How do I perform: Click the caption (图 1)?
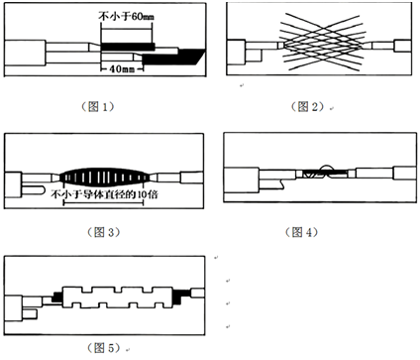point(98,106)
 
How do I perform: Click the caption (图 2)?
point(308,106)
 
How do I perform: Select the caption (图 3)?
point(104,232)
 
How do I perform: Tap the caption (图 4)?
point(301,232)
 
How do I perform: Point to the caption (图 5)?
point(104,348)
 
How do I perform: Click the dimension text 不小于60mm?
point(127,17)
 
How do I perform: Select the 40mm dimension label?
point(122,69)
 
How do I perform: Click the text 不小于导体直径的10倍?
point(104,194)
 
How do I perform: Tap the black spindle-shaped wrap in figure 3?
point(105,178)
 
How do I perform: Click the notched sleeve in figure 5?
point(118,296)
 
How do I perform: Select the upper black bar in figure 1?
point(128,47)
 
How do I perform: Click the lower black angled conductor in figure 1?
point(171,57)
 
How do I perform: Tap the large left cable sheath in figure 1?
point(25,53)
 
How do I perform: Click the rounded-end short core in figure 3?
point(33,190)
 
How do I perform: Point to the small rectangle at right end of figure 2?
point(403,46)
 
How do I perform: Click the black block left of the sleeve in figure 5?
point(57,297)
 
